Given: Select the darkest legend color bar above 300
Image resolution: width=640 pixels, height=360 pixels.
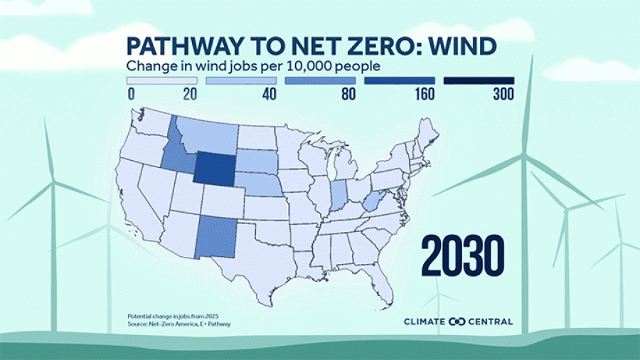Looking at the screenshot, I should coord(479,81).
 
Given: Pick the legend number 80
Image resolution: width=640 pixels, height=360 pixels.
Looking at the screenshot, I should coord(347,95).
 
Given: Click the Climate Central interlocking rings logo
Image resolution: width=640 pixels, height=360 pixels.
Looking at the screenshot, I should coord(456,322).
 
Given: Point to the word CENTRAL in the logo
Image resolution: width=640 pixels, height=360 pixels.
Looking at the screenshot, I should coord(491,322).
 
